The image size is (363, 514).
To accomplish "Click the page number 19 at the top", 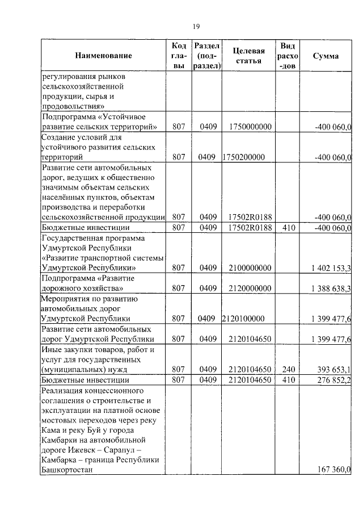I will tap(196, 26).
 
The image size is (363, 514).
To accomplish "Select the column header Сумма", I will tap(326, 56).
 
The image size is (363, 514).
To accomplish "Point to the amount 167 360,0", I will tap(334, 469).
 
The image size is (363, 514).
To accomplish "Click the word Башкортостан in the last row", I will tap(66, 470).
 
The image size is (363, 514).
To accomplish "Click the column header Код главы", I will tap(179, 56).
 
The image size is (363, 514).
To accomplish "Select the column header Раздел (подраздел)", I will tap(206, 56).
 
